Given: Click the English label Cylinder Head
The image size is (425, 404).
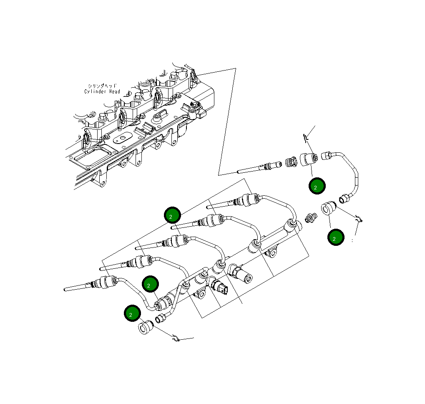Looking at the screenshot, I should coord(102,92).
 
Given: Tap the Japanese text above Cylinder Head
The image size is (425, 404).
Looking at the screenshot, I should coord(102,86).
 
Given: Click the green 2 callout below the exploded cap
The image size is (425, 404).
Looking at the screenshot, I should coord(317,186).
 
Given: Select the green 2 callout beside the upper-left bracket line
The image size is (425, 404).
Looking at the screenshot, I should coord(172,215).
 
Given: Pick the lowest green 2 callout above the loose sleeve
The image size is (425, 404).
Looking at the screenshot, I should coord(132,313).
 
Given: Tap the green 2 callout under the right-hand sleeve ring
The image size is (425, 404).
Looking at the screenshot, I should coord(335,237).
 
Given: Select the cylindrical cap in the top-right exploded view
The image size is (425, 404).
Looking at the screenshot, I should coord(309,159).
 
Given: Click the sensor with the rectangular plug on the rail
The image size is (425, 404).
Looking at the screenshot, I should coord(220,287).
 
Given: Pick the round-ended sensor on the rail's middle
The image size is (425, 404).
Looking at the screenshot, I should coord(242,274).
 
